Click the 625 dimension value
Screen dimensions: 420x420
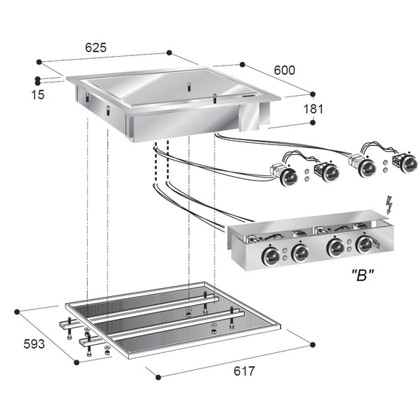[95, 47]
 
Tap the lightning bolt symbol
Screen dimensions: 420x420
[391, 202]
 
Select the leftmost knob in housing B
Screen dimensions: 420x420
[272, 255]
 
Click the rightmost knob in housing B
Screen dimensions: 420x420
[364, 245]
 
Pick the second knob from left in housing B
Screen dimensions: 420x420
[300, 253]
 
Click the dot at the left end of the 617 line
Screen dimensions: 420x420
[158, 376]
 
